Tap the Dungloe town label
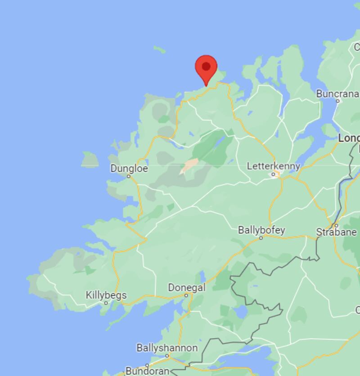tap(129, 168)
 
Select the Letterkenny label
tap(273, 166)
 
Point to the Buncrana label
tap(337, 94)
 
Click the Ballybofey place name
tap(261, 230)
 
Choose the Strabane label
tap(336, 232)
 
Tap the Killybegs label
tap(106, 295)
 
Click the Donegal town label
tap(186, 287)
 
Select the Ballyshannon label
tap(167, 348)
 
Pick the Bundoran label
tap(147, 371)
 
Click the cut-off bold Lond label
tap(349, 138)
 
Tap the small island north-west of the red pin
tap(159, 49)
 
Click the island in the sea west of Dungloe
tap(90, 160)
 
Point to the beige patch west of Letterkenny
tap(189, 166)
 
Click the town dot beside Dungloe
tap(128, 176)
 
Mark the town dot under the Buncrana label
tap(338, 101)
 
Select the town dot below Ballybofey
tap(261, 237)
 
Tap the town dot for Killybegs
tap(106, 303)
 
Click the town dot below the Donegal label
tap(186, 295)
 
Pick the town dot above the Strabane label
tap(336, 225)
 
